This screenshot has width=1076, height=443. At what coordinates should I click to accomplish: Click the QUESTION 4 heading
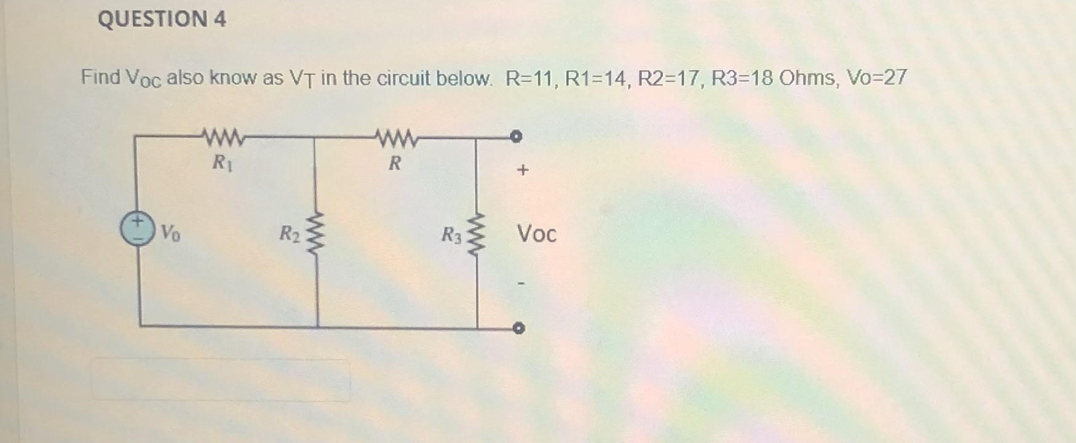[x=162, y=19]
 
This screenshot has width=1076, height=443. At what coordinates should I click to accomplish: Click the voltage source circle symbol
[x=136, y=229]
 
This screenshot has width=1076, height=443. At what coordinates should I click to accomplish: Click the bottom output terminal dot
[x=519, y=329]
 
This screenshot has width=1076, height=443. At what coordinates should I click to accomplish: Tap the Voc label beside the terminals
[x=536, y=234]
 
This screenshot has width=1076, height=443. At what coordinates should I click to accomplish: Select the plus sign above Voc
[x=523, y=170]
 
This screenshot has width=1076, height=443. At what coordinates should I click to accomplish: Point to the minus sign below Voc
[x=521, y=284]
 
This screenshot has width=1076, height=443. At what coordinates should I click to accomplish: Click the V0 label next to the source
[x=170, y=234]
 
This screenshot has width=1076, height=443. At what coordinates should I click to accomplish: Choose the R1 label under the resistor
[x=222, y=163]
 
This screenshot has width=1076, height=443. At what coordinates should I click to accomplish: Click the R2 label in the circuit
[x=289, y=234]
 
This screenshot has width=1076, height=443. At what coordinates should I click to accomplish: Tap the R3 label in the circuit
[x=451, y=235]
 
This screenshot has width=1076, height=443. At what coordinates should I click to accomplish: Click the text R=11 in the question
[x=529, y=78]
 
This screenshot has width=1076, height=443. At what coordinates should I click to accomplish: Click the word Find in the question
[x=101, y=78]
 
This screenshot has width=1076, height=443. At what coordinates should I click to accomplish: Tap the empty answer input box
[x=221, y=381]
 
